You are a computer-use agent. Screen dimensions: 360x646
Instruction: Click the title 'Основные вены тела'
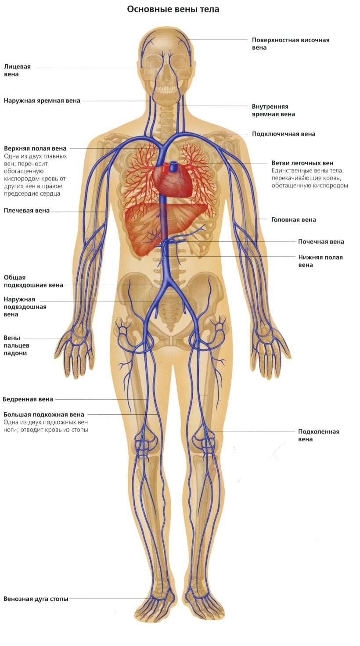click(x=173, y=10)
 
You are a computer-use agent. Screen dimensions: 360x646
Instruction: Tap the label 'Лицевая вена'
click(x=17, y=70)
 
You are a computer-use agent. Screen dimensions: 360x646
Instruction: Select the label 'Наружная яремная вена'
click(x=42, y=101)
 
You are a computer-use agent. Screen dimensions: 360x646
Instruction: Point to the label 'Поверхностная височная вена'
click(x=291, y=44)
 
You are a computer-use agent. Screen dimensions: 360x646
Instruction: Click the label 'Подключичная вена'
click(x=284, y=134)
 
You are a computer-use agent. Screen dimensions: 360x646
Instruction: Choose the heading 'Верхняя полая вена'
click(x=35, y=148)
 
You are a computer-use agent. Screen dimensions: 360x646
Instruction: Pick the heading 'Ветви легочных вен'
click(x=302, y=163)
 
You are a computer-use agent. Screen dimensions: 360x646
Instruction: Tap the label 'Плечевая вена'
click(x=26, y=211)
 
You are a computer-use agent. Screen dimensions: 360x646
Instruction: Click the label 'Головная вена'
click(x=294, y=220)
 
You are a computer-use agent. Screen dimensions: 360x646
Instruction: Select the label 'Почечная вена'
click(x=321, y=242)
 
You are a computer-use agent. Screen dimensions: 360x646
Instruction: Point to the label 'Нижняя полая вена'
click(x=320, y=261)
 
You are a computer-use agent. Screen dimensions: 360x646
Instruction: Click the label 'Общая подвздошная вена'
click(x=33, y=281)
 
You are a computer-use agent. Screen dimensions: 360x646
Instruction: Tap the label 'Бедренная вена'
click(x=28, y=399)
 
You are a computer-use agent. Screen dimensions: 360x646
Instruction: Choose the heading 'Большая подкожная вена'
click(x=44, y=415)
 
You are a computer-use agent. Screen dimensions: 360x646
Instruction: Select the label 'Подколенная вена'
click(x=318, y=435)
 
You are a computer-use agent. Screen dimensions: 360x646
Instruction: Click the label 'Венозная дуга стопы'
click(x=36, y=599)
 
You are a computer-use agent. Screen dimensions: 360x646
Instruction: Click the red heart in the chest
click(x=172, y=180)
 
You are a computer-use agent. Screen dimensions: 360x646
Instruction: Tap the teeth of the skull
click(x=166, y=88)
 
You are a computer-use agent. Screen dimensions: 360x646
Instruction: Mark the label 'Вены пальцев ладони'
click(x=16, y=345)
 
